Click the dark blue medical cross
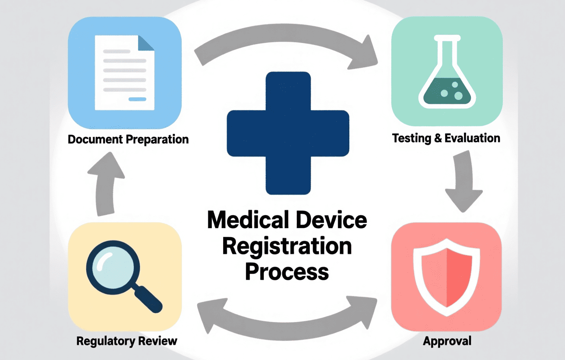point(288,133)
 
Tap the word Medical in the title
point(248,220)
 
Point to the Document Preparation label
point(128,139)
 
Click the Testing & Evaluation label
point(446,138)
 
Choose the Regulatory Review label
point(127,341)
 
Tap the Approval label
point(447,341)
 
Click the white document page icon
point(124,73)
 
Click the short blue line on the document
point(137,99)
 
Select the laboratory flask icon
point(447,72)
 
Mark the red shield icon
point(446,277)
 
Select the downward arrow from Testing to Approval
point(463,181)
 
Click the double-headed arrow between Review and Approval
point(287,330)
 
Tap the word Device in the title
point(332,220)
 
